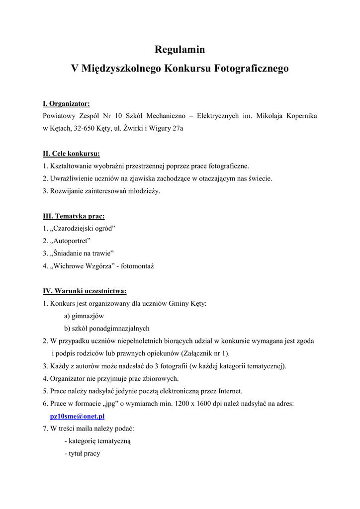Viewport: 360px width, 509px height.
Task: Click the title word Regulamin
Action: pyautogui.click(x=180, y=50)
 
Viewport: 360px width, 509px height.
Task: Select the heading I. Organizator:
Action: pyautogui.click(x=66, y=103)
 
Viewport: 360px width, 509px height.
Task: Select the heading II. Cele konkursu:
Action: pyautogui.click(x=71, y=154)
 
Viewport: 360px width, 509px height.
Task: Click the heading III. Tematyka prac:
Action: pyautogui.click(x=74, y=216)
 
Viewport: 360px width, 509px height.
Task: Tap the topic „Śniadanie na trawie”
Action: pyautogui.click(x=82, y=254)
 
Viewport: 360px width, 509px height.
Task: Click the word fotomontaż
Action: pyautogui.click(x=136, y=266)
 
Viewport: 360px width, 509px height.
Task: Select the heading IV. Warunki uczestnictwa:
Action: pyautogui.click(x=85, y=291)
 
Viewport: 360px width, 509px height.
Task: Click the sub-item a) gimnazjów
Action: pyautogui.click(x=84, y=316)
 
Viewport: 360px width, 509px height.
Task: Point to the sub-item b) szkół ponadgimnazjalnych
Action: pyautogui.click(x=106, y=329)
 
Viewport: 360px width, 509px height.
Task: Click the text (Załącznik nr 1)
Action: pyautogui.click(x=203, y=353)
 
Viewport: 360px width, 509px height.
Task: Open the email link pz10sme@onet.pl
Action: pyautogui.click(x=78, y=417)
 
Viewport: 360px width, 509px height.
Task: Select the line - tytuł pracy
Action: pyautogui.click(x=82, y=453)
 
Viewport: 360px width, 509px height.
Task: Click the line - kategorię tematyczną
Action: pyautogui.click(x=97, y=441)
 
